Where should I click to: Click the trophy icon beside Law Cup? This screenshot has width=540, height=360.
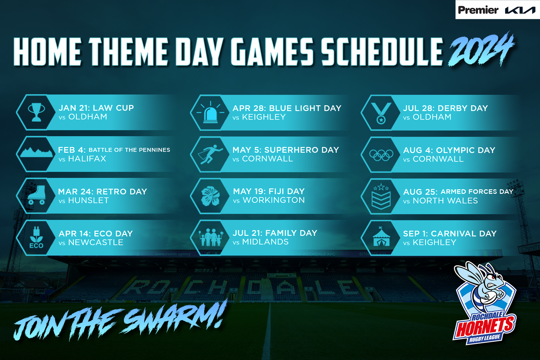point(37,112)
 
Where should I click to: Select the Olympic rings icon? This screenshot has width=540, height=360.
point(381,155)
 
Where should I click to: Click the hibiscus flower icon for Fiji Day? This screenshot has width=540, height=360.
point(210,196)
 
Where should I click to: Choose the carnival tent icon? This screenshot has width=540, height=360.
point(381,237)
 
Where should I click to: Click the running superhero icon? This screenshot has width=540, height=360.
point(210,154)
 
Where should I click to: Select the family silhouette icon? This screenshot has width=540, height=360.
point(211,237)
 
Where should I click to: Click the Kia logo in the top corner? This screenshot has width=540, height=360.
point(520,10)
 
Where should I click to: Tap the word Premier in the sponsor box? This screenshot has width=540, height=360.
point(478,10)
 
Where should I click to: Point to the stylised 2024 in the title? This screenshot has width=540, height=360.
point(481,49)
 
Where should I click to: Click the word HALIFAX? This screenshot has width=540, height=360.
point(87,159)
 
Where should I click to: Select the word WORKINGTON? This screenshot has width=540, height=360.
point(274,200)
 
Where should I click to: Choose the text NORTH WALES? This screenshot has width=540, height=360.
point(445,201)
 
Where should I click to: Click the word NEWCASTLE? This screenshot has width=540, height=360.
point(96,242)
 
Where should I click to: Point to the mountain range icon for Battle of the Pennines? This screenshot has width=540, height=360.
point(36,152)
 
